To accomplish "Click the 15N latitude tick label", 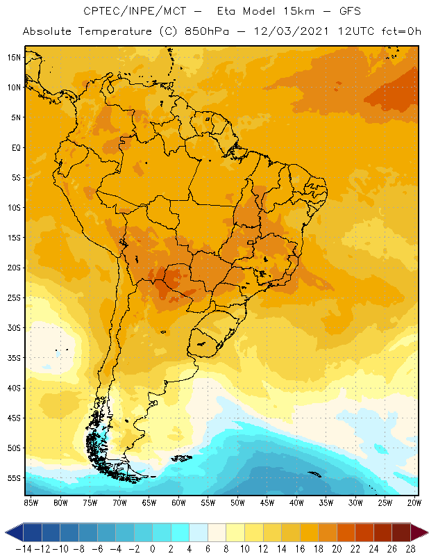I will [x=14, y=57].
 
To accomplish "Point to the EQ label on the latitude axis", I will [x=15, y=147].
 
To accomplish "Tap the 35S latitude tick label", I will [x=14, y=357].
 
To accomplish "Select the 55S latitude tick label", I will [x=14, y=477].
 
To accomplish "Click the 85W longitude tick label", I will [x=31, y=502].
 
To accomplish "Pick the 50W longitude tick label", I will [x=238, y=502].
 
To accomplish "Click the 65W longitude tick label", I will [x=149, y=502].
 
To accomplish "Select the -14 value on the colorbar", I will [x=23, y=548].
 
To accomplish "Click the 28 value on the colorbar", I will [x=410, y=548].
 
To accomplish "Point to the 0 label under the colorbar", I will [x=152, y=548].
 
